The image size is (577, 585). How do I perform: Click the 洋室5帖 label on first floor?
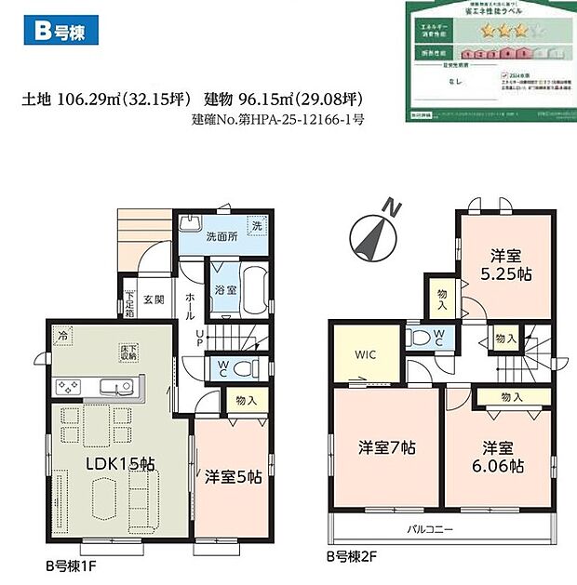232,478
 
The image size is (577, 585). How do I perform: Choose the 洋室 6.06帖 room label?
490,453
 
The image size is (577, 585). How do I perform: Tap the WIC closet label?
365,354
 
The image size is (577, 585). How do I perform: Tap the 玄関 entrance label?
154,299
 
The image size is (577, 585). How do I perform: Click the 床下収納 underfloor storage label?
127,352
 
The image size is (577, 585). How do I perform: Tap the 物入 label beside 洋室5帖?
248,401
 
